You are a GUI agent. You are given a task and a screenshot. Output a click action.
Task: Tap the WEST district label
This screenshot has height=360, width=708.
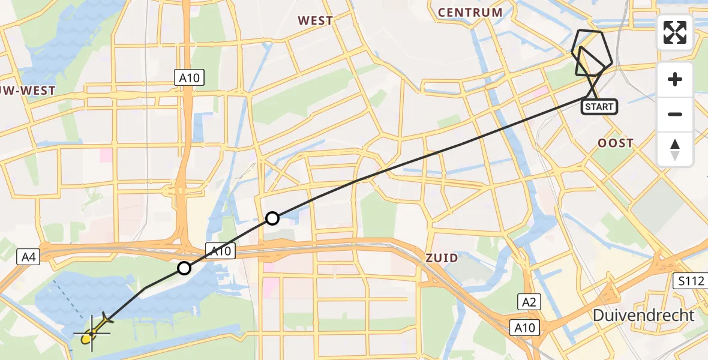coord(315,21)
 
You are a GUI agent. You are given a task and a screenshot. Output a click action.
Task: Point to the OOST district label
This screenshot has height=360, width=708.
coord(615,143)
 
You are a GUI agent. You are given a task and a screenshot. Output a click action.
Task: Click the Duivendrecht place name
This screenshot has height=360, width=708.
coord(643,315)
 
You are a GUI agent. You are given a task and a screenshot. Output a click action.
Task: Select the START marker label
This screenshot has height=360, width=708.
coord(599,107)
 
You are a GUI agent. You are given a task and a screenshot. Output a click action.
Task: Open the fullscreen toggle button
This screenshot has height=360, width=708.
coord(675,32)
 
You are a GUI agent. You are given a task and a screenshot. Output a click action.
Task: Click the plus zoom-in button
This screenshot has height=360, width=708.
coord(675,79)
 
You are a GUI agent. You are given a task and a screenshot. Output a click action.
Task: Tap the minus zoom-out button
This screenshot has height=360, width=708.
coord(675,114)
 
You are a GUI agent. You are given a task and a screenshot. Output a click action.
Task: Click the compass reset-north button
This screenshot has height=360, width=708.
coord(675,149)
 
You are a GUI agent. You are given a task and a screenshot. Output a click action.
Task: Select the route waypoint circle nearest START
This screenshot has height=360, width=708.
coord(272,218)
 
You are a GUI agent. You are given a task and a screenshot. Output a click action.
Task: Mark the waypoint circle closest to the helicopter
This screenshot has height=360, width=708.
coord(184,268)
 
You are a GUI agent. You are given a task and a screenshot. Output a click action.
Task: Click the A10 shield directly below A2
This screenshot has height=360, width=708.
coord(525,328)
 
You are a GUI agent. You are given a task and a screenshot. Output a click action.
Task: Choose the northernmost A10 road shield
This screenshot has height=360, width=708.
coord(190,77)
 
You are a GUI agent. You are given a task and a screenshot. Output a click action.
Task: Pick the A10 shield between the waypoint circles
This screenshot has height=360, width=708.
coord(220,251)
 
